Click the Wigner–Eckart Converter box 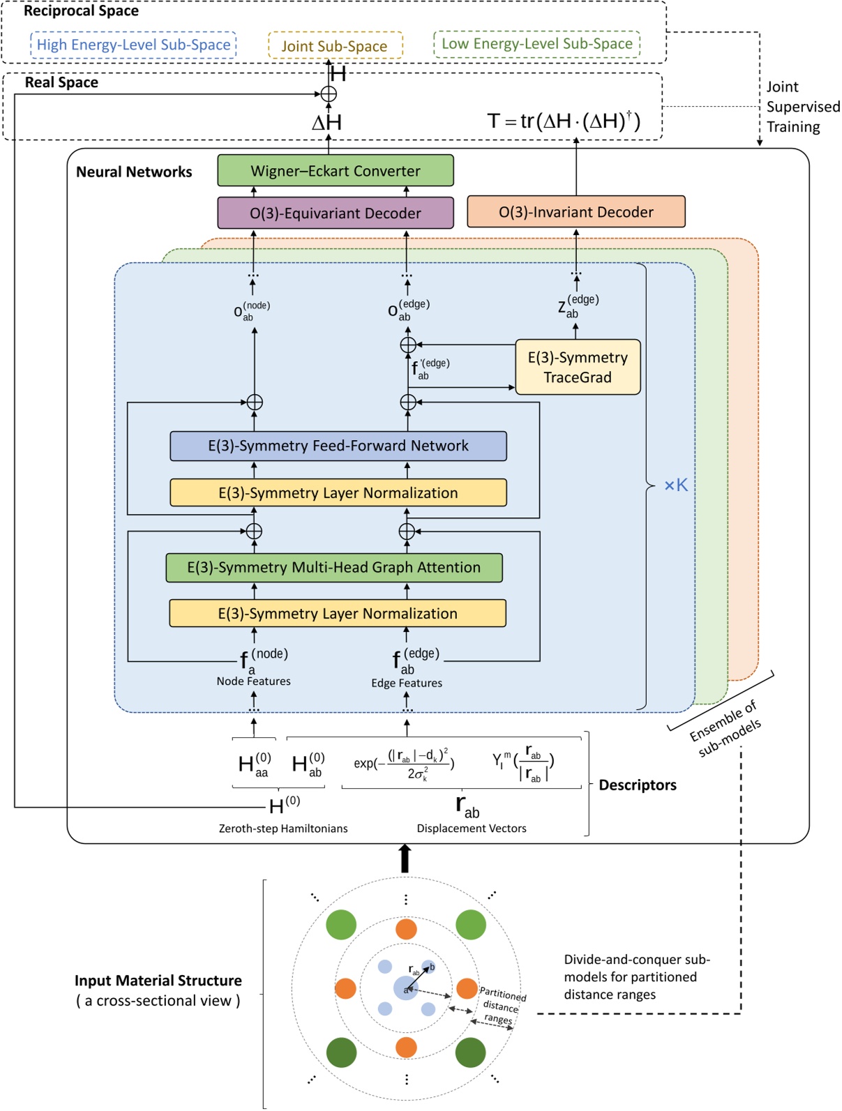pos(336,171)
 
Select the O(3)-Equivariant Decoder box pos(336,213)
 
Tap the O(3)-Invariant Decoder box pos(576,212)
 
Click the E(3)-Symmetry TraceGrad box pos(578,367)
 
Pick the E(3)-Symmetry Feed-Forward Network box pos(338,446)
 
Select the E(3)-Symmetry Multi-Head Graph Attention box pos(334,568)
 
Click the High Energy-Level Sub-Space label pos(133,45)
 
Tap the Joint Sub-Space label pos(335,46)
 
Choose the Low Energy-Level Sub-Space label pos(536,44)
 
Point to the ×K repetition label pos(675,485)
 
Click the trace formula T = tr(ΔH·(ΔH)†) pos(563,121)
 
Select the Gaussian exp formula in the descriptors pos(405,764)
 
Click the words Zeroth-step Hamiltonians pos(283,829)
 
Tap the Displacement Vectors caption pos(472,829)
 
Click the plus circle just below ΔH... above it pos(329,94)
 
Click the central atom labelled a pos(405,988)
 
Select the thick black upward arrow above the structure pos(405,859)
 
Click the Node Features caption pos(253,681)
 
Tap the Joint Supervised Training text pos(802,107)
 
